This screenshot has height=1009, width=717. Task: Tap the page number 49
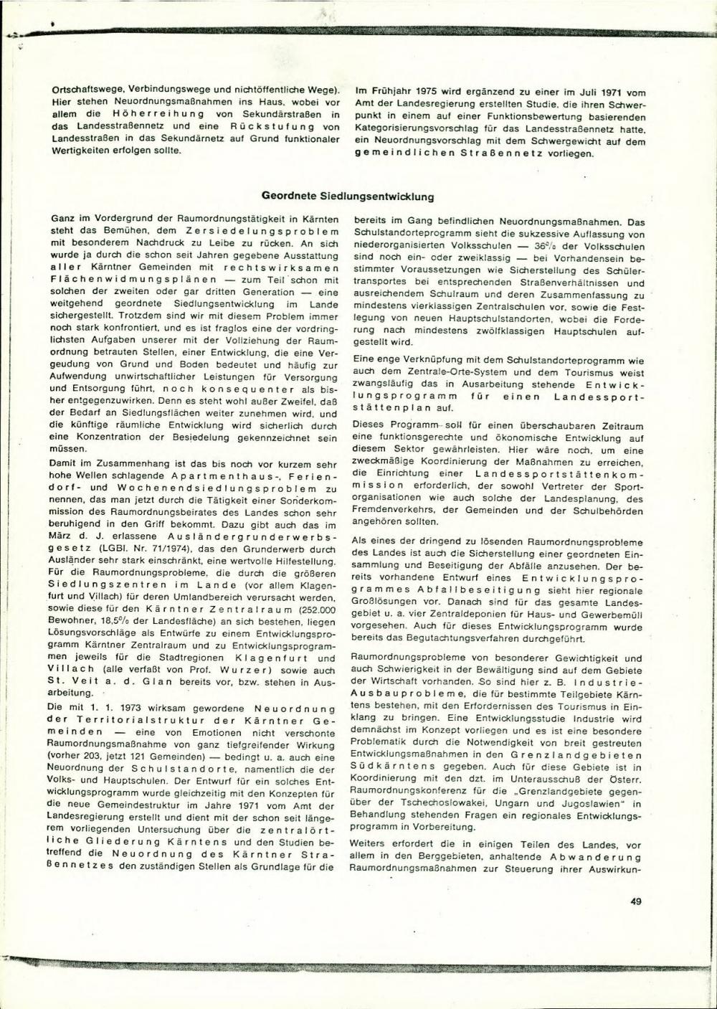(x=635, y=902)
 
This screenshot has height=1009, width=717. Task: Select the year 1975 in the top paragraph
(x=415, y=93)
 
